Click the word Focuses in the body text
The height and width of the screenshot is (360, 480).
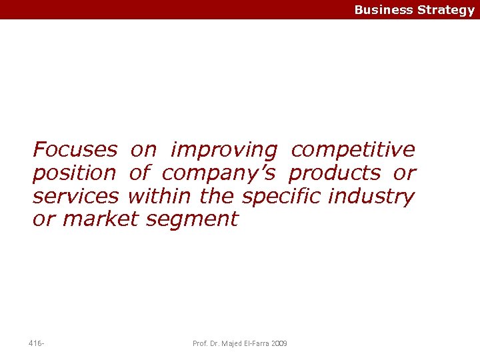75,149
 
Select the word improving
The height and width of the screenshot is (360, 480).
223,151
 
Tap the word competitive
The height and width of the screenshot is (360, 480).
353,150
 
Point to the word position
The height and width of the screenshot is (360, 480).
74,174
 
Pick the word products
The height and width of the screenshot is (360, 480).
334,174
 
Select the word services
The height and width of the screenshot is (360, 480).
75,197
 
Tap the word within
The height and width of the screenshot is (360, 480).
158,197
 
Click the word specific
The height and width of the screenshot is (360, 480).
275,197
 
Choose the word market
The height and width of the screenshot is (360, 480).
99,219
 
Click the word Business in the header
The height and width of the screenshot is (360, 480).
383,10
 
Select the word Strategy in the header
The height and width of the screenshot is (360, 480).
446,10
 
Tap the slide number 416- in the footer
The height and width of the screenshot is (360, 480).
37,343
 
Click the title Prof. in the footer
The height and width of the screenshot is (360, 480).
199,343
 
